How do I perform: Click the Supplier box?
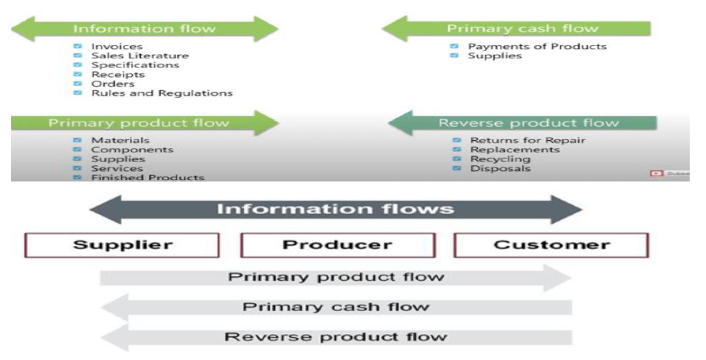click(x=122, y=245)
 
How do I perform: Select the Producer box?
click(x=336, y=245)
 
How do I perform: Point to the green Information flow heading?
click(x=144, y=29)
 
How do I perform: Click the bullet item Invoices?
click(x=117, y=47)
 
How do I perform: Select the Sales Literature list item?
click(x=139, y=56)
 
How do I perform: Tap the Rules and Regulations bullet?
click(x=161, y=93)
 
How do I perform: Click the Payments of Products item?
click(x=536, y=47)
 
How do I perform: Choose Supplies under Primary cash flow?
click(x=494, y=56)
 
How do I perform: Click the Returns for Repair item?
click(x=527, y=140)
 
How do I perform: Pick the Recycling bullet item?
click(x=500, y=159)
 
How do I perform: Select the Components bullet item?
click(x=132, y=150)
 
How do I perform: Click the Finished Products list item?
click(x=147, y=178)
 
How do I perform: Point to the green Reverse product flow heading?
click(x=528, y=123)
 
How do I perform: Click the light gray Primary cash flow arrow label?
click(x=336, y=307)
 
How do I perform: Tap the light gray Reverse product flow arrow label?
click(x=336, y=337)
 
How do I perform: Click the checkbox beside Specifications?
click(x=78, y=65)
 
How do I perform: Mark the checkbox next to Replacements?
click(x=456, y=150)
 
